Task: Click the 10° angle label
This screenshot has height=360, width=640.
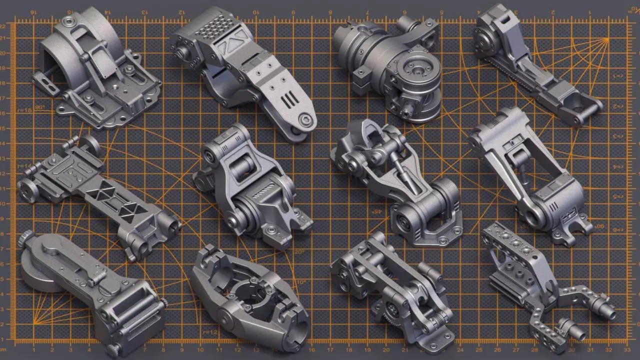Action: pyautogui.click(x=301, y=282)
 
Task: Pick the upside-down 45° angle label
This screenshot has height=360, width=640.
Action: pyautogui.click(x=376, y=211)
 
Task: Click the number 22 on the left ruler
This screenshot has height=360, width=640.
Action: pyautogui.click(x=3, y=25)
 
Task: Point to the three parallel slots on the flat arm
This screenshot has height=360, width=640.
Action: pyautogui.click(x=289, y=98)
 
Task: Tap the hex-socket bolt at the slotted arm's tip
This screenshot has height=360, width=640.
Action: pyautogui.click(x=304, y=119)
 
